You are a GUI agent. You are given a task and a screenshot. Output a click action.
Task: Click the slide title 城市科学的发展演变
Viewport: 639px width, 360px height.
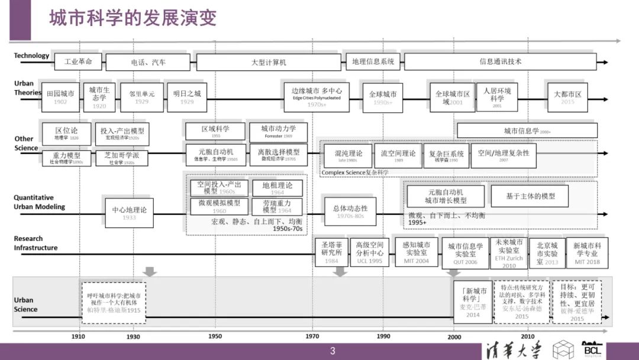click(133, 18)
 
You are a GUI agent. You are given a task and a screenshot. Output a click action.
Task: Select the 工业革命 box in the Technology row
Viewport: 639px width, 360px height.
click(78, 62)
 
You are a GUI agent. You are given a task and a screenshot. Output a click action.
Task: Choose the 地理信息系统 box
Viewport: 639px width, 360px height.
click(373, 62)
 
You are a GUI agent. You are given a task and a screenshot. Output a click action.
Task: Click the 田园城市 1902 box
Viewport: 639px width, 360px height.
click(60, 97)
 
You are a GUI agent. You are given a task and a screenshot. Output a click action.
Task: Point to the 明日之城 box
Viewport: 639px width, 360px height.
click(187, 97)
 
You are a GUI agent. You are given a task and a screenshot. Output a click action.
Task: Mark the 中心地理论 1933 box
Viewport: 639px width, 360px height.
click(129, 213)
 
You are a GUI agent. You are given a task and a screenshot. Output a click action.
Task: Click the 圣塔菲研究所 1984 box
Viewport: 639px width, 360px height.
click(331, 252)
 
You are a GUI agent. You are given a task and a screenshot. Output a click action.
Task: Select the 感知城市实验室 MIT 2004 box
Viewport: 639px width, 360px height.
click(416, 252)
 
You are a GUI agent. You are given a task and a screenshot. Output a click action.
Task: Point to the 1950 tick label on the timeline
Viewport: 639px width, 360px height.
click(215, 336)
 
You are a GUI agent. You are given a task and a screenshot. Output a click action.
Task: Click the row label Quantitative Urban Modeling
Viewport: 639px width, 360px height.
click(39, 202)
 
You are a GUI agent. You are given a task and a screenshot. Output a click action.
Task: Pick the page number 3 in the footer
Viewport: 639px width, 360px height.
click(333, 351)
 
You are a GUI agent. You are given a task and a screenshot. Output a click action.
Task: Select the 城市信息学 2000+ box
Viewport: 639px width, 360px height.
click(527, 131)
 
